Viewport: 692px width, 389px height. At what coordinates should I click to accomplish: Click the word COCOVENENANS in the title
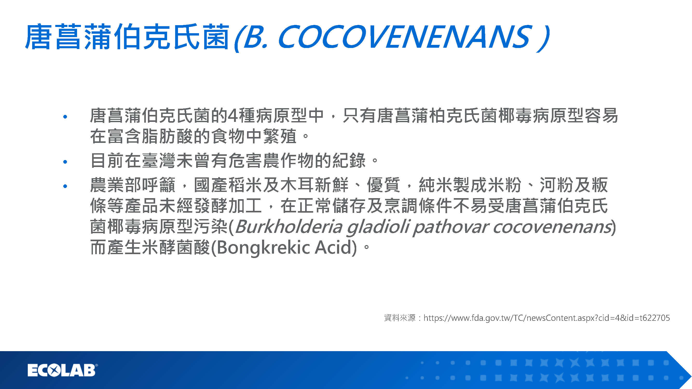405,37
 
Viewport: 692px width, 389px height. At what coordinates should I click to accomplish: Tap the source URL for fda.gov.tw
547,318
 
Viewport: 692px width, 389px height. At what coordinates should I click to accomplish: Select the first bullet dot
65,117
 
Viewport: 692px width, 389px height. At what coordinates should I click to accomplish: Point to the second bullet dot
65,162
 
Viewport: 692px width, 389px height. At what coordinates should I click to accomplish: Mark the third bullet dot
65,186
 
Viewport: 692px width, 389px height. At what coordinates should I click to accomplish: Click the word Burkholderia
289,226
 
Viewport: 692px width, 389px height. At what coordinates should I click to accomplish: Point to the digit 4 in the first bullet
233,115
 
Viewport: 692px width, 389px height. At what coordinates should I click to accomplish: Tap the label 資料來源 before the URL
400,318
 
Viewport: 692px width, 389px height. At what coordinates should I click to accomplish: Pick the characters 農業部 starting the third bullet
116,185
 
